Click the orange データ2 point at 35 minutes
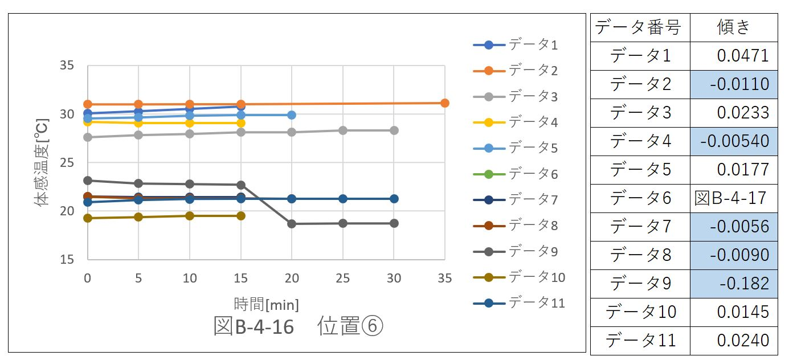click(x=445, y=103)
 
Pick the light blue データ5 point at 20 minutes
click(x=292, y=115)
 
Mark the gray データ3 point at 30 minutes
click(x=394, y=130)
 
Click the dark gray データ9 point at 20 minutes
click(x=292, y=224)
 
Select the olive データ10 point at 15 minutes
click(x=240, y=216)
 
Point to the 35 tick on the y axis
click(x=67, y=66)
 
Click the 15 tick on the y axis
click(x=67, y=260)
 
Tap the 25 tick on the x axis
click(x=343, y=279)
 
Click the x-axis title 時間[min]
click(x=266, y=304)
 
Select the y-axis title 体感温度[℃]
click(x=43, y=162)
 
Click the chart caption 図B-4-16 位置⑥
click(x=298, y=326)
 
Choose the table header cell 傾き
click(x=734, y=27)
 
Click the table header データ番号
click(x=639, y=27)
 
